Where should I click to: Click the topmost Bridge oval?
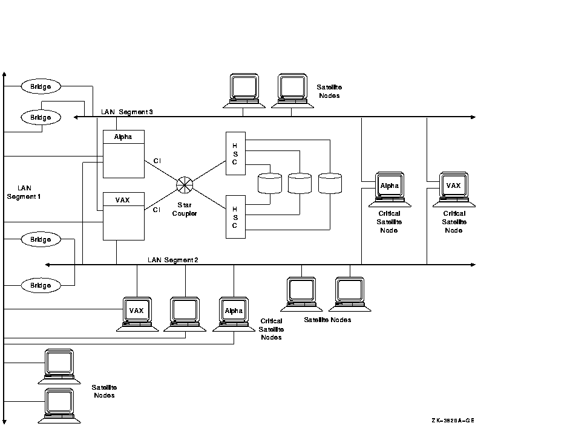[x=41, y=87]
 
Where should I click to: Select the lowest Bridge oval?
[x=41, y=285]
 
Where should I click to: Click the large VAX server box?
[x=123, y=216]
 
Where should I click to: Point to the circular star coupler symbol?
[x=184, y=183]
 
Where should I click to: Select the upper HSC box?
[x=235, y=153]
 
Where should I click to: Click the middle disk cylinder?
[x=300, y=183]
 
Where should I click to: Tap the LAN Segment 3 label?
[x=131, y=112]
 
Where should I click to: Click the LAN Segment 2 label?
[x=173, y=260]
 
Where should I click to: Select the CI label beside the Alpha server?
[x=157, y=161]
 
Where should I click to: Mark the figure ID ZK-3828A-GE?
[x=453, y=421]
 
